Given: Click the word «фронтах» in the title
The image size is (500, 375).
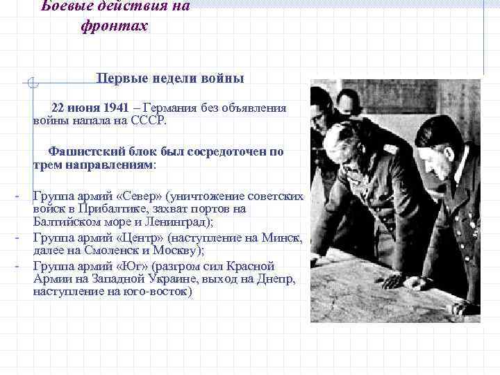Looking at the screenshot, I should [x=115, y=26].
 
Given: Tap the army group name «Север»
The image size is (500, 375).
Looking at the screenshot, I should [x=137, y=197].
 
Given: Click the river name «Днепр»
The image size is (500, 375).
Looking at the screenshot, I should [x=276, y=278].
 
